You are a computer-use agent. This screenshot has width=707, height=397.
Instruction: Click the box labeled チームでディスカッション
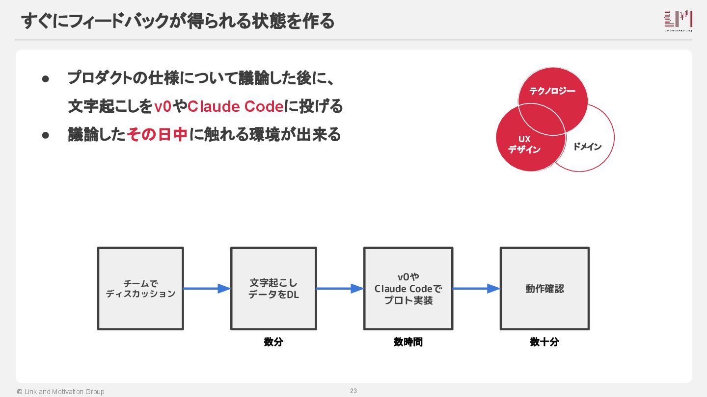140,288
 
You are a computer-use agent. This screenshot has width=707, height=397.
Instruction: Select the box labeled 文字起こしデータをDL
273,288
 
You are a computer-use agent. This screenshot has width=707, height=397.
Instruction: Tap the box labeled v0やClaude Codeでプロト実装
408,288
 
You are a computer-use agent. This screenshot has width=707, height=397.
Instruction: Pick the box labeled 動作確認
544,288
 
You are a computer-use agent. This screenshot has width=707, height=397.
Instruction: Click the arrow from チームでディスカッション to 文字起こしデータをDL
207,289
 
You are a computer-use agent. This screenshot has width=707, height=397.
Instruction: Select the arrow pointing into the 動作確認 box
476,289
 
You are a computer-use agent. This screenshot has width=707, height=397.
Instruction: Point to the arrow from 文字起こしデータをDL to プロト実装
340,289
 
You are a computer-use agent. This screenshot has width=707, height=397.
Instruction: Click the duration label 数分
273,342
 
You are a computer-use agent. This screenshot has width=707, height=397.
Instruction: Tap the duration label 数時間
408,342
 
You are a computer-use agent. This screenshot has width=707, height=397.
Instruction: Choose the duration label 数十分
544,342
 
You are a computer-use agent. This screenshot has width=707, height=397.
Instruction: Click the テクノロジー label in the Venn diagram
552,91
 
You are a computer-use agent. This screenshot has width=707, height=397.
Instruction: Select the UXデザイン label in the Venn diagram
524,145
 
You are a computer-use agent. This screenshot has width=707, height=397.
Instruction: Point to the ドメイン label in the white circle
587,147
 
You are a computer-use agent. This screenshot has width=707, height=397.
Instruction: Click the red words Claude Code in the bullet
236,106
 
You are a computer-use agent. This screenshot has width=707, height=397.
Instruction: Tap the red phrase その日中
157,134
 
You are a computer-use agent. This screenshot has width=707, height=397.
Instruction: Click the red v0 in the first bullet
163,106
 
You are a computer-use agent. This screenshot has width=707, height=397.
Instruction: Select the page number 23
353,391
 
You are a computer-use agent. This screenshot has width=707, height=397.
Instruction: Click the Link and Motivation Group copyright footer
60,392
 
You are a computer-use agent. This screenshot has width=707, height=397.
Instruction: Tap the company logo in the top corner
678,21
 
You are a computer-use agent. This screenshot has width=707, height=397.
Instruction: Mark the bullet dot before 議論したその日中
46,135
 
